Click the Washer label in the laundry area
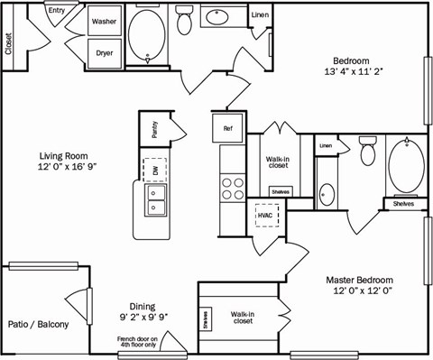[105, 19]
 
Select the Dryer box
[105, 52]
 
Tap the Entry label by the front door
[56, 11]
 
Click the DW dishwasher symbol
[154, 168]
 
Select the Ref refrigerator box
[228, 128]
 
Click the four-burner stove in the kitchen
[233, 187]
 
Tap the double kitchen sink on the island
[154, 200]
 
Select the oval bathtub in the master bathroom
[409, 167]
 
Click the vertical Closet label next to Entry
[9, 44]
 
